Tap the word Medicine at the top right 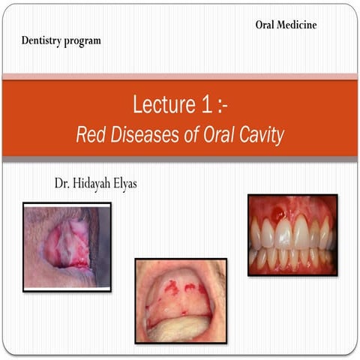pyautogui.click(x=298, y=25)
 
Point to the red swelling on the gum pyautogui.click(x=279, y=214)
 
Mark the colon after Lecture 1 pyautogui.click(x=215, y=105)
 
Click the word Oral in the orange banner pyautogui.click(x=222, y=136)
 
